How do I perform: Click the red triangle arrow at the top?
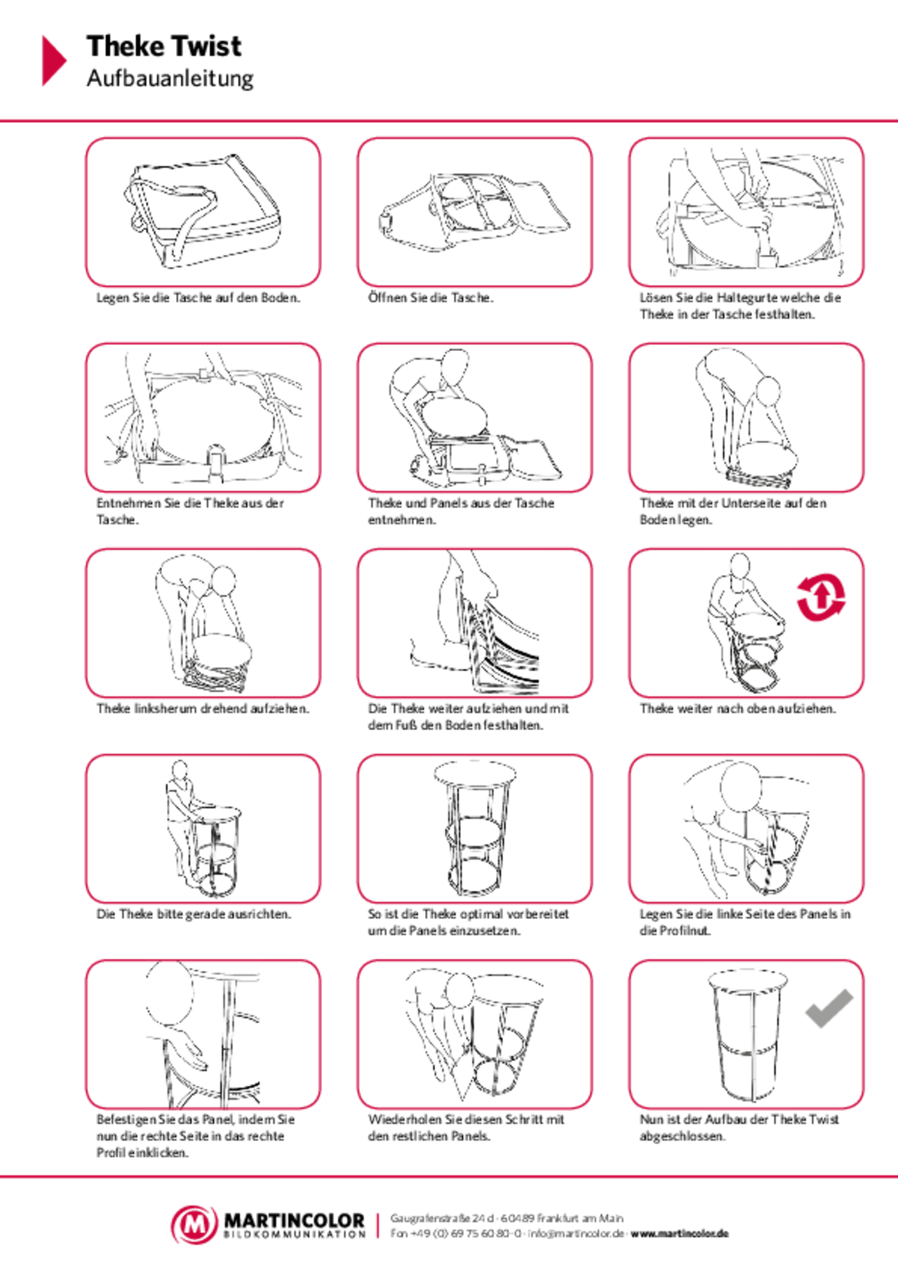coord(53,60)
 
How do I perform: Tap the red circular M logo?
coord(194,1225)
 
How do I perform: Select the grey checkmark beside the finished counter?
coord(829,1008)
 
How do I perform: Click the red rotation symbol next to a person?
coord(821,597)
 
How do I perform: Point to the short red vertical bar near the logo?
coord(377,1226)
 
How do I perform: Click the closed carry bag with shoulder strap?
coord(203,212)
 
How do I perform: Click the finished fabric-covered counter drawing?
coord(746,1035)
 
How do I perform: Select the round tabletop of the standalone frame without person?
coord(475,773)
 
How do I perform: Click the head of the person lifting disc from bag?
coord(455,366)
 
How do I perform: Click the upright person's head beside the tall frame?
coord(180,771)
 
